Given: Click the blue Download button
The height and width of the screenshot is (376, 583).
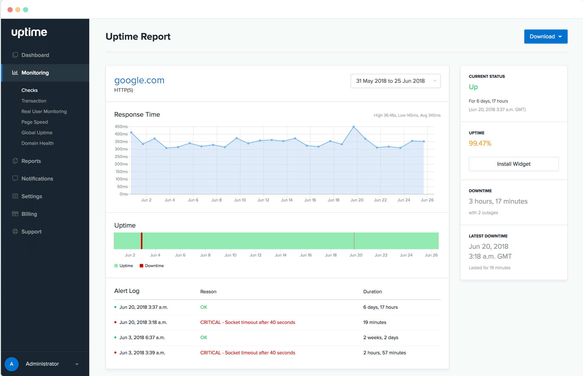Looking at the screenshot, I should click(x=545, y=37).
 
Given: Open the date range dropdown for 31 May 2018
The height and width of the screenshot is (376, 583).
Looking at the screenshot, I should click(x=395, y=81).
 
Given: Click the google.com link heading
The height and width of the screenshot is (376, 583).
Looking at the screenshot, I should click(x=139, y=80).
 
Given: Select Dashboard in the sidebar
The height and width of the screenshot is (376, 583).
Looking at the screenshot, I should click(x=35, y=55).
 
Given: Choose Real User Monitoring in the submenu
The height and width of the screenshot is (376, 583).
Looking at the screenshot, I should click(x=44, y=112).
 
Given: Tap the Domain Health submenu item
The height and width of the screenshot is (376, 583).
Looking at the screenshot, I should click(x=38, y=143).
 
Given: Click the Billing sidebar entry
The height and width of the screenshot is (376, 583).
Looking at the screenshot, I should click(x=29, y=214).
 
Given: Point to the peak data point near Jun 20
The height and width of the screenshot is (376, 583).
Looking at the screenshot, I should click(x=354, y=127).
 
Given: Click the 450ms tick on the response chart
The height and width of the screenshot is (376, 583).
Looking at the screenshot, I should click(x=121, y=127).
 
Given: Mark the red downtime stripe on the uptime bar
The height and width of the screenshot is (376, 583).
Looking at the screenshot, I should click(x=142, y=241).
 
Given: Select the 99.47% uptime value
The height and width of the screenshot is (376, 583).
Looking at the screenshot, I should click(x=480, y=143).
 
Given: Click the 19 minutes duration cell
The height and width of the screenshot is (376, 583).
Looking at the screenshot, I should click(x=375, y=323).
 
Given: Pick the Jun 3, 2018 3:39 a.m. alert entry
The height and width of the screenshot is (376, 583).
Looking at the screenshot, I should click(x=142, y=353).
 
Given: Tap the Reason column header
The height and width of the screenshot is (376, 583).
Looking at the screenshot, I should click(x=208, y=292).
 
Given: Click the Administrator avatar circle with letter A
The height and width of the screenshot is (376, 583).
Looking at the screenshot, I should click(x=12, y=364).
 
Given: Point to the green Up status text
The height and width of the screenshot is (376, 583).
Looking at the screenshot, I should click(x=473, y=87).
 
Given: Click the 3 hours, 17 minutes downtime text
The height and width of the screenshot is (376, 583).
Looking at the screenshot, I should click(x=498, y=201).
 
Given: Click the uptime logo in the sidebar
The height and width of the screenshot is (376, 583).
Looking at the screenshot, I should click(x=29, y=32).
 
